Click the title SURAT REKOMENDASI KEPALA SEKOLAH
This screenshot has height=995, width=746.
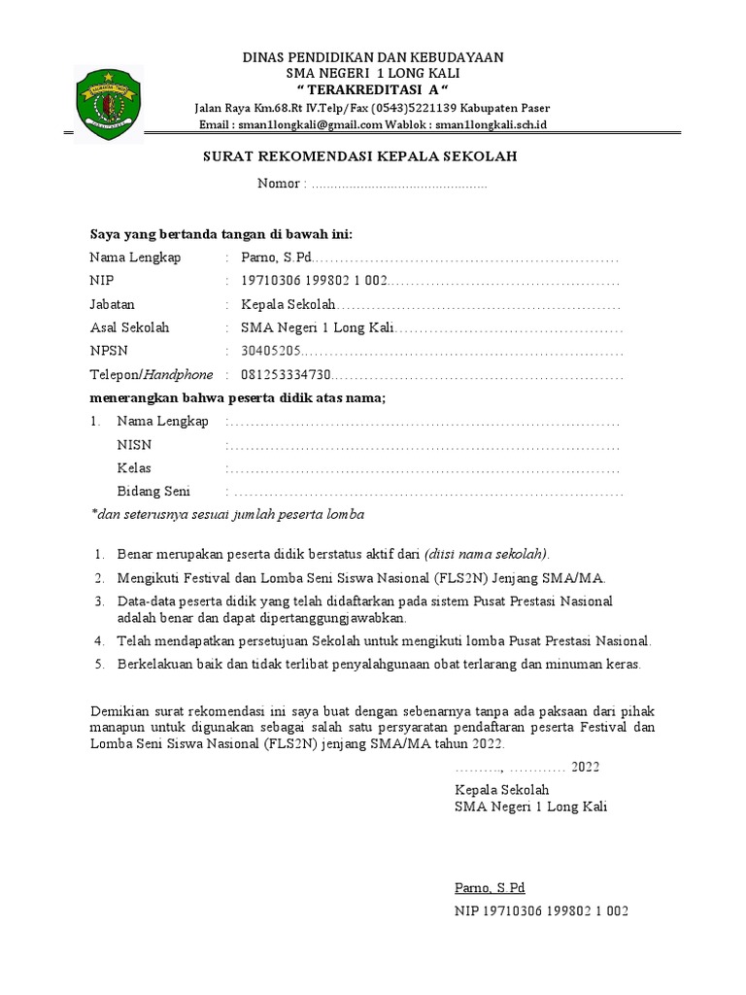(x=359, y=156)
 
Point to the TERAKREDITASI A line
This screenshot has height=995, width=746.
(x=373, y=90)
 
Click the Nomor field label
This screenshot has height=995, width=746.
(x=282, y=185)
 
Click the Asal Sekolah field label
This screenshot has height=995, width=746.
(x=129, y=327)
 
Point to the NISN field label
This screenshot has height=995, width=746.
(x=134, y=445)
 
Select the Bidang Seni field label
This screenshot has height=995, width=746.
(x=153, y=492)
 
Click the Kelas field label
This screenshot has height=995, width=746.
(x=134, y=468)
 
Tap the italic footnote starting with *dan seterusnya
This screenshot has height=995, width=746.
(x=227, y=514)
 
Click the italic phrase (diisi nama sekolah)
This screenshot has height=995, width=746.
(x=487, y=554)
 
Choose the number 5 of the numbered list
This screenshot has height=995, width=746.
(x=98, y=665)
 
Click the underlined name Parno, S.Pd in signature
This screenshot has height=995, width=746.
(x=490, y=888)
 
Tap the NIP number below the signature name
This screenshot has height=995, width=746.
(x=541, y=911)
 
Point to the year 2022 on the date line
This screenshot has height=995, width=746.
(x=585, y=767)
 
